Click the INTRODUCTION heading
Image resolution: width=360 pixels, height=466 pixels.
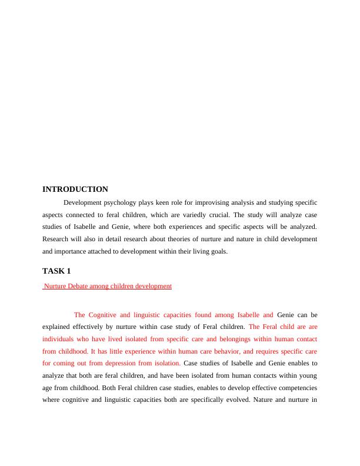[75, 189]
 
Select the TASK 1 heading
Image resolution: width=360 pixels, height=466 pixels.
[56, 271]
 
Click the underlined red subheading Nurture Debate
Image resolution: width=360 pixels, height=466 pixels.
[108, 286]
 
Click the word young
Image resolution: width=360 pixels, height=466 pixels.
[306, 376]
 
